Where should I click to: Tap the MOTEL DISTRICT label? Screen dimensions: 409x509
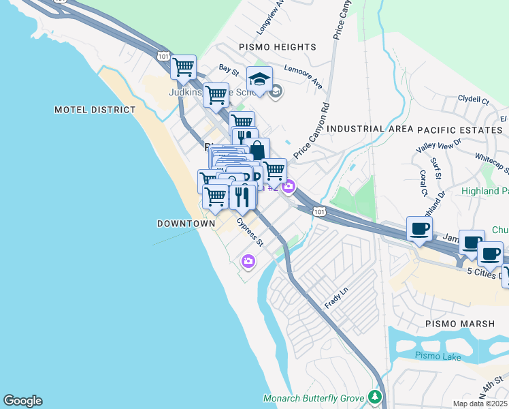click(95, 110)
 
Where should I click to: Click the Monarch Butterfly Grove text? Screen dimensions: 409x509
click(314, 398)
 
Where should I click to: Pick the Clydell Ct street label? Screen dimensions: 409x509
click(474, 100)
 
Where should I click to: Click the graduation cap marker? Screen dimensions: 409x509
click(259, 80)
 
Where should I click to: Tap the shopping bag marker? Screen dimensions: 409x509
click(257, 151)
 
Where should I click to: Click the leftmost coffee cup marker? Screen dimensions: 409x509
click(419, 228)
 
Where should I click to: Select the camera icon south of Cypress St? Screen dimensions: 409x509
click(248, 260)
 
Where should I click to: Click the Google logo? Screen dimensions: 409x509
click(22, 401)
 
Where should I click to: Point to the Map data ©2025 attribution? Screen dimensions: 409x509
click(480, 404)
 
